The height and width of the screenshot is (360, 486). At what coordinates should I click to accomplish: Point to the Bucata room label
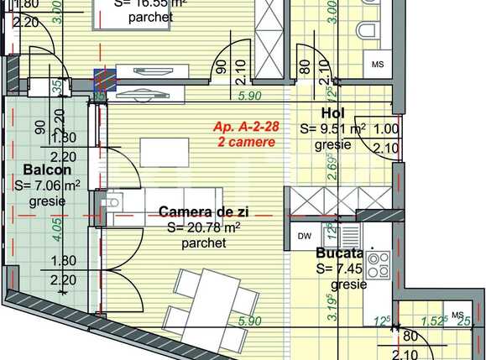pos(339,253)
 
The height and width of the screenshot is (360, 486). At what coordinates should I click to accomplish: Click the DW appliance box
pos(304,236)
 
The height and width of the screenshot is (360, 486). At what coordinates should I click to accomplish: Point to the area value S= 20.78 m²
pos(203,227)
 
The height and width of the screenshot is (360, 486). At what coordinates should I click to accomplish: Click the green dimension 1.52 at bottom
pos(431,319)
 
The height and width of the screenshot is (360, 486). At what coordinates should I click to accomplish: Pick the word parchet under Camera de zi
pos(203,243)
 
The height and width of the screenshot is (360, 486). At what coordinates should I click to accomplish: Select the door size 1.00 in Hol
pos(386,129)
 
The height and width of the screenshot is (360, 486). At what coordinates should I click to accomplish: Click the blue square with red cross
pos(105,79)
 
